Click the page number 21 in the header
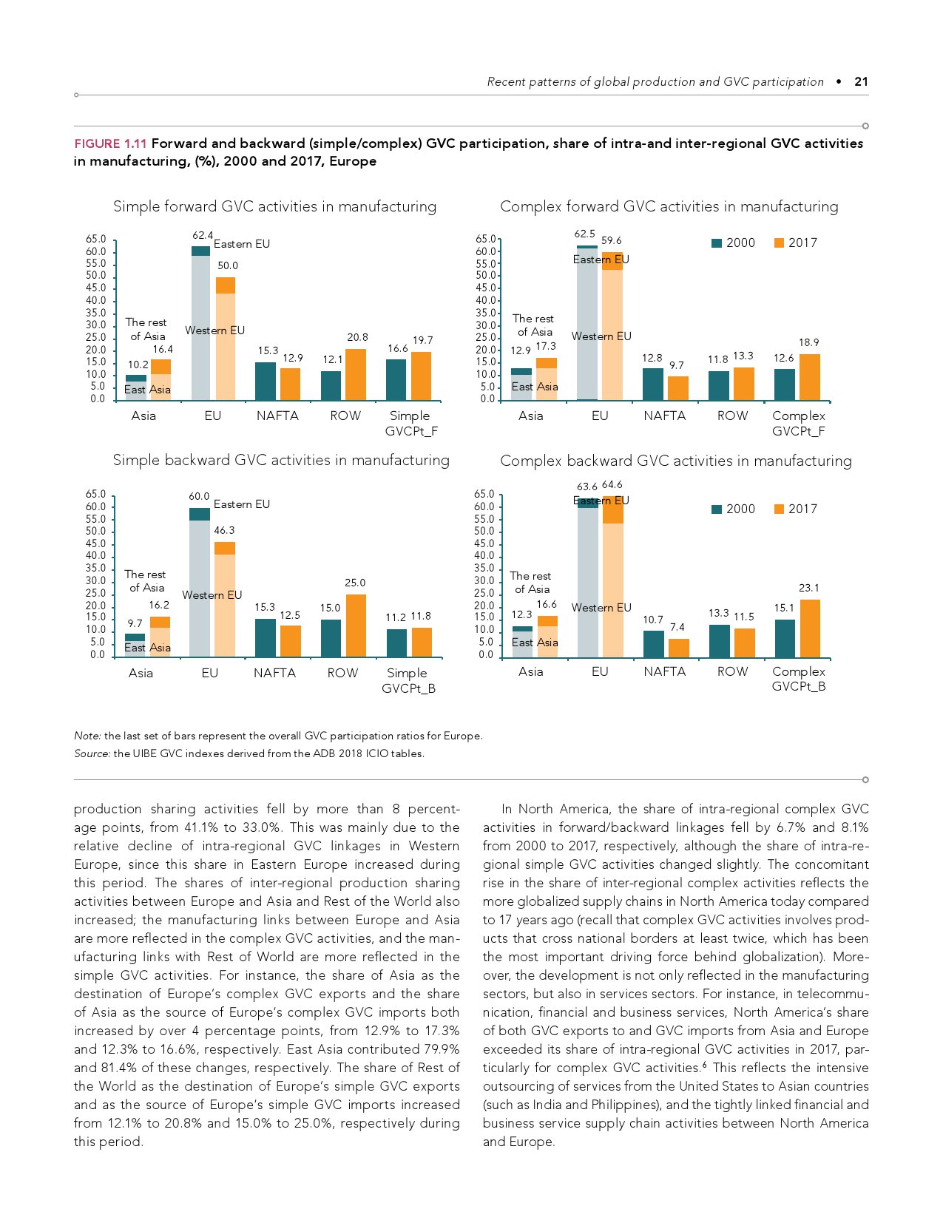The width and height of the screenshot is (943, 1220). [861, 82]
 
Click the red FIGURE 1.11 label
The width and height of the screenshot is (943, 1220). [110, 143]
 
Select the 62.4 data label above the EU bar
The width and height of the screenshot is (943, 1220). [202, 235]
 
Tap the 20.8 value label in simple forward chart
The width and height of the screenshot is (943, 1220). [357, 337]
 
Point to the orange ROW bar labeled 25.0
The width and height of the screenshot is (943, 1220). [356, 626]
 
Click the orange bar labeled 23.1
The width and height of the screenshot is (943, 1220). [810, 628]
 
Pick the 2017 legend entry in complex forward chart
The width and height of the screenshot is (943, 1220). [795, 243]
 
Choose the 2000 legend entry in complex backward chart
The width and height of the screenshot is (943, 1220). [733, 509]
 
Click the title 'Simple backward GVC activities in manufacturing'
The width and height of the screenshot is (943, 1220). [281, 461]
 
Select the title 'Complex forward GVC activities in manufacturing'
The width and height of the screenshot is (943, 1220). [669, 207]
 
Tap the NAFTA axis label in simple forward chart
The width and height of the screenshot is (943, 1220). [277, 416]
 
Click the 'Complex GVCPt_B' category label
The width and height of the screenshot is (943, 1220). [799, 679]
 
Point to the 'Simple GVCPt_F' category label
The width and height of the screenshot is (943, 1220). [410, 424]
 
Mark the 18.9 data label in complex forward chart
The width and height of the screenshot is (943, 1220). [808, 343]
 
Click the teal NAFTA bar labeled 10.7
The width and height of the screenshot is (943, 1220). [654, 644]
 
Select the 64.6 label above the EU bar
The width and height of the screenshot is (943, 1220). [612, 485]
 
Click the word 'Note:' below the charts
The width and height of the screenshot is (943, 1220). [87, 736]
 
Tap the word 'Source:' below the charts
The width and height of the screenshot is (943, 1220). [92, 754]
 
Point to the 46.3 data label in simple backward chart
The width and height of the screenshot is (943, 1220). [224, 531]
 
